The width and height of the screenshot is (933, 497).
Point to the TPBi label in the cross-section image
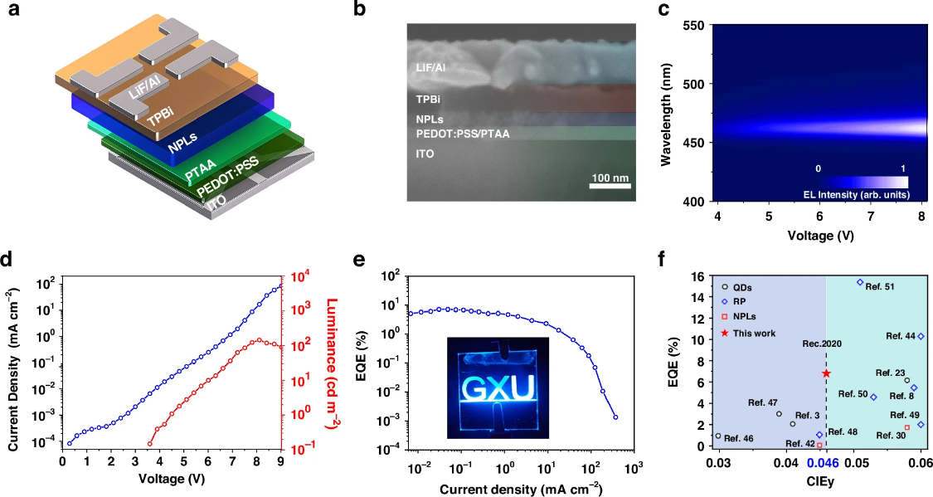[429, 99]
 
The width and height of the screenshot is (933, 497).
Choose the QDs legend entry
[746, 287]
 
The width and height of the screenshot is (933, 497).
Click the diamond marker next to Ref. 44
[921, 336]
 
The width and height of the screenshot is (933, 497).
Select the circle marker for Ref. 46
[718, 436]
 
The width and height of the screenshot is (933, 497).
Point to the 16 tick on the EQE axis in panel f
[702, 275]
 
